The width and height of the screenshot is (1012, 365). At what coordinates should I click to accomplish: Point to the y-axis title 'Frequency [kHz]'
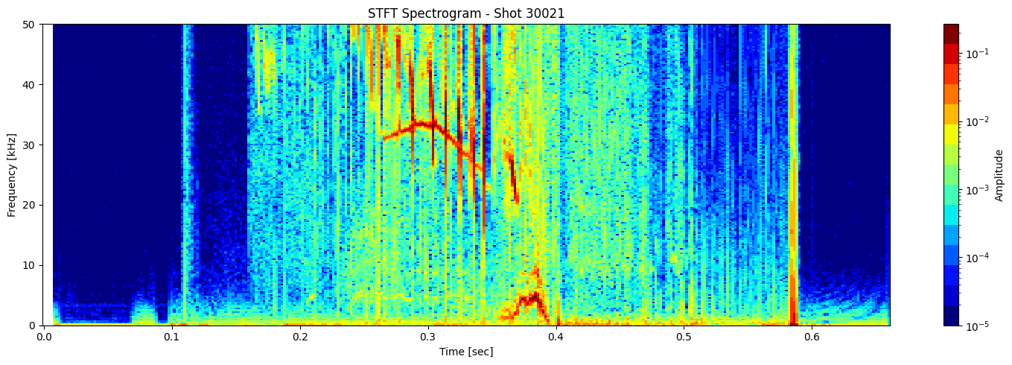13,174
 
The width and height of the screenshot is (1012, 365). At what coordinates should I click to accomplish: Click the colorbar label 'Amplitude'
1000,174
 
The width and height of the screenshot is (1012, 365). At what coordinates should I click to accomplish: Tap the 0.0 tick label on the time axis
44,337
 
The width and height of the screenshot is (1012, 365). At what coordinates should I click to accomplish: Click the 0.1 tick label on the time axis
172,337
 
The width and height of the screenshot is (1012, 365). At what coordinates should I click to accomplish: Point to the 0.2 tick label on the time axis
300,337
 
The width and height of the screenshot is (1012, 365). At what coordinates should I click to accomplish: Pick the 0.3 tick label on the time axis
427,337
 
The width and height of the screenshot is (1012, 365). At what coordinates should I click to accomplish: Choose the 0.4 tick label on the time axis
556,337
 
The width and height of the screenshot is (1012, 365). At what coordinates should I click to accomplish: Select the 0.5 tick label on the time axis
683,337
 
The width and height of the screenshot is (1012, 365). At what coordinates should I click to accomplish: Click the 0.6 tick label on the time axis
811,337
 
